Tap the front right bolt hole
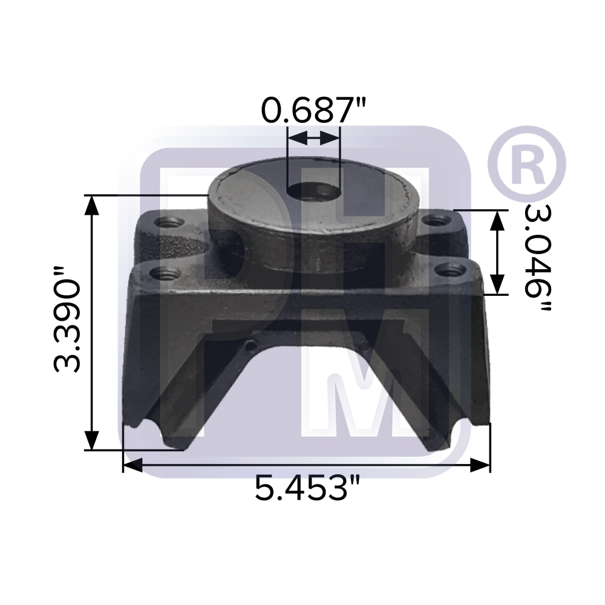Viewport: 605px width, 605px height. click(446, 270)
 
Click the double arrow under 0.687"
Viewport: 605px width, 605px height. click(314, 138)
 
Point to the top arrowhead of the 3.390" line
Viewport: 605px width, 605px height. click(91, 204)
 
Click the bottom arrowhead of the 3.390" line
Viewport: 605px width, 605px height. click(91, 440)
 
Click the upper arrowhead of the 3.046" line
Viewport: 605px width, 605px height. click(497, 220)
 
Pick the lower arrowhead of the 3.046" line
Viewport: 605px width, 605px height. click(497, 283)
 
